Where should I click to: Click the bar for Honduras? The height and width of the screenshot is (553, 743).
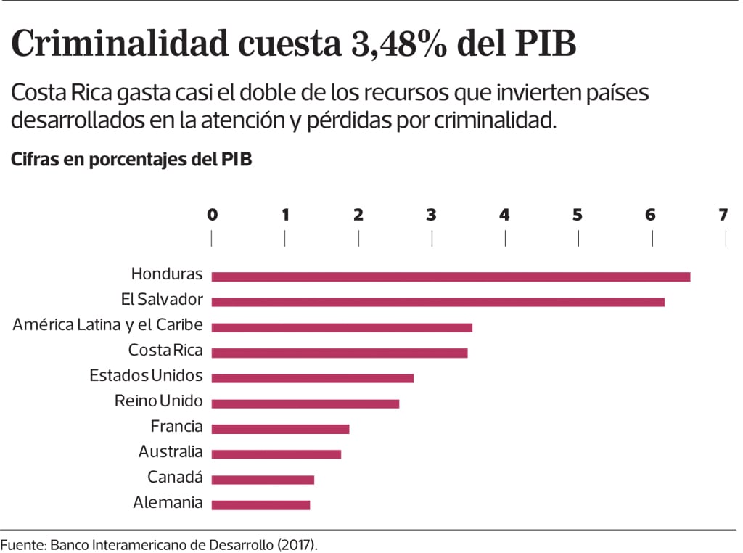[x=451, y=276]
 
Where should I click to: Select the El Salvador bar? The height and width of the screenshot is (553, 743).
[x=438, y=302]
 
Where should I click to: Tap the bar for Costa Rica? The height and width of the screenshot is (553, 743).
[x=340, y=353]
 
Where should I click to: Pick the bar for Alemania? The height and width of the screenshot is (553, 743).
[x=260, y=505]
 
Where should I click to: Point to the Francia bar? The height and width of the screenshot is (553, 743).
[x=280, y=429]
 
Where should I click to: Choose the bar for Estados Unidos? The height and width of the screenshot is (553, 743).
[x=312, y=378]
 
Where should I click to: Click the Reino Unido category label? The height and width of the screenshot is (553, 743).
[x=159, y=401]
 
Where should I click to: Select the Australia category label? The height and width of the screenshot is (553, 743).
[x=171, y=452]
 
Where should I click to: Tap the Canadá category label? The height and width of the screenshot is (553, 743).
[x=175, y=478]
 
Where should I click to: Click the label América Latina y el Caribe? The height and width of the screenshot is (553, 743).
[x=107, y=324]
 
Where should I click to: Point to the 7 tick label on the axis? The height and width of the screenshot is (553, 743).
[x=723, y=215]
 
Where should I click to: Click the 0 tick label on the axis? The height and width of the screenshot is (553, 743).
[x=212, y=215]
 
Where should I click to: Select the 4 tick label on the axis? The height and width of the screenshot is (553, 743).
[x=504, y=215]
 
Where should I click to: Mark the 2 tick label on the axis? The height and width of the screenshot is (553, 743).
[x=358, y=215]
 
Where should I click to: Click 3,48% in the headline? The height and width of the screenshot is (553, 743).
[x=393, y=45]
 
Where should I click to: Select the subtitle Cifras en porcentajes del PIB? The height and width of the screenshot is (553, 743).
[x=131, y=160]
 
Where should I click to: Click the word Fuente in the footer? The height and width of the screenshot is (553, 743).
[x=22, y=544]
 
